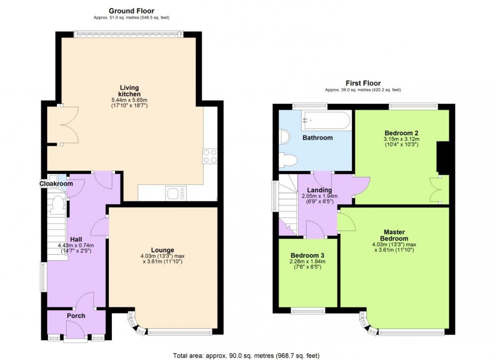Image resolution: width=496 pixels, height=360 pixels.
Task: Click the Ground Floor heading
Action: tap(131, 11)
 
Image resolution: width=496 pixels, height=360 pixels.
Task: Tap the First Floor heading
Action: tap(363, 83)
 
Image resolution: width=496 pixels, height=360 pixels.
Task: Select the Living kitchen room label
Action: tap(129, 91)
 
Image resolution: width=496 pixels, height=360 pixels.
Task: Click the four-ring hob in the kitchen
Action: tap(210, 156)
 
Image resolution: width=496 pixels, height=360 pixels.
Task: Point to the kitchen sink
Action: tap(176, 193)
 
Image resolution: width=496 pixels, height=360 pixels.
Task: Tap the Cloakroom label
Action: tap(56, 184)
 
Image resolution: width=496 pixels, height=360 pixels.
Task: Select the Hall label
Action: tap(76, 239)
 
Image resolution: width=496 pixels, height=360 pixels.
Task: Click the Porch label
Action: tap(76, 316)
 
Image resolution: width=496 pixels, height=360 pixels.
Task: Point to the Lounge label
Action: tap(162, 250)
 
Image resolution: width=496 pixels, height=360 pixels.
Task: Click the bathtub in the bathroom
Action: tap(326, 120)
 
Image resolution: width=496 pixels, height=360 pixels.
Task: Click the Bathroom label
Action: tap(318, 138)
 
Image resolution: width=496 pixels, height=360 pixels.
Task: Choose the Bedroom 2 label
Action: tap(401, 133)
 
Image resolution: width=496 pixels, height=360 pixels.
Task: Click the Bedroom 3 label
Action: tap(308, 255)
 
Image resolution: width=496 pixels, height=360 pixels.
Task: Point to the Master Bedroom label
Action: tap(394, 235)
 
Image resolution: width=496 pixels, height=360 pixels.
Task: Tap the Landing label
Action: tap(319, 190)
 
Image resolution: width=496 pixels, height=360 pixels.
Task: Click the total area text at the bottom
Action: tap(246, 355)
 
